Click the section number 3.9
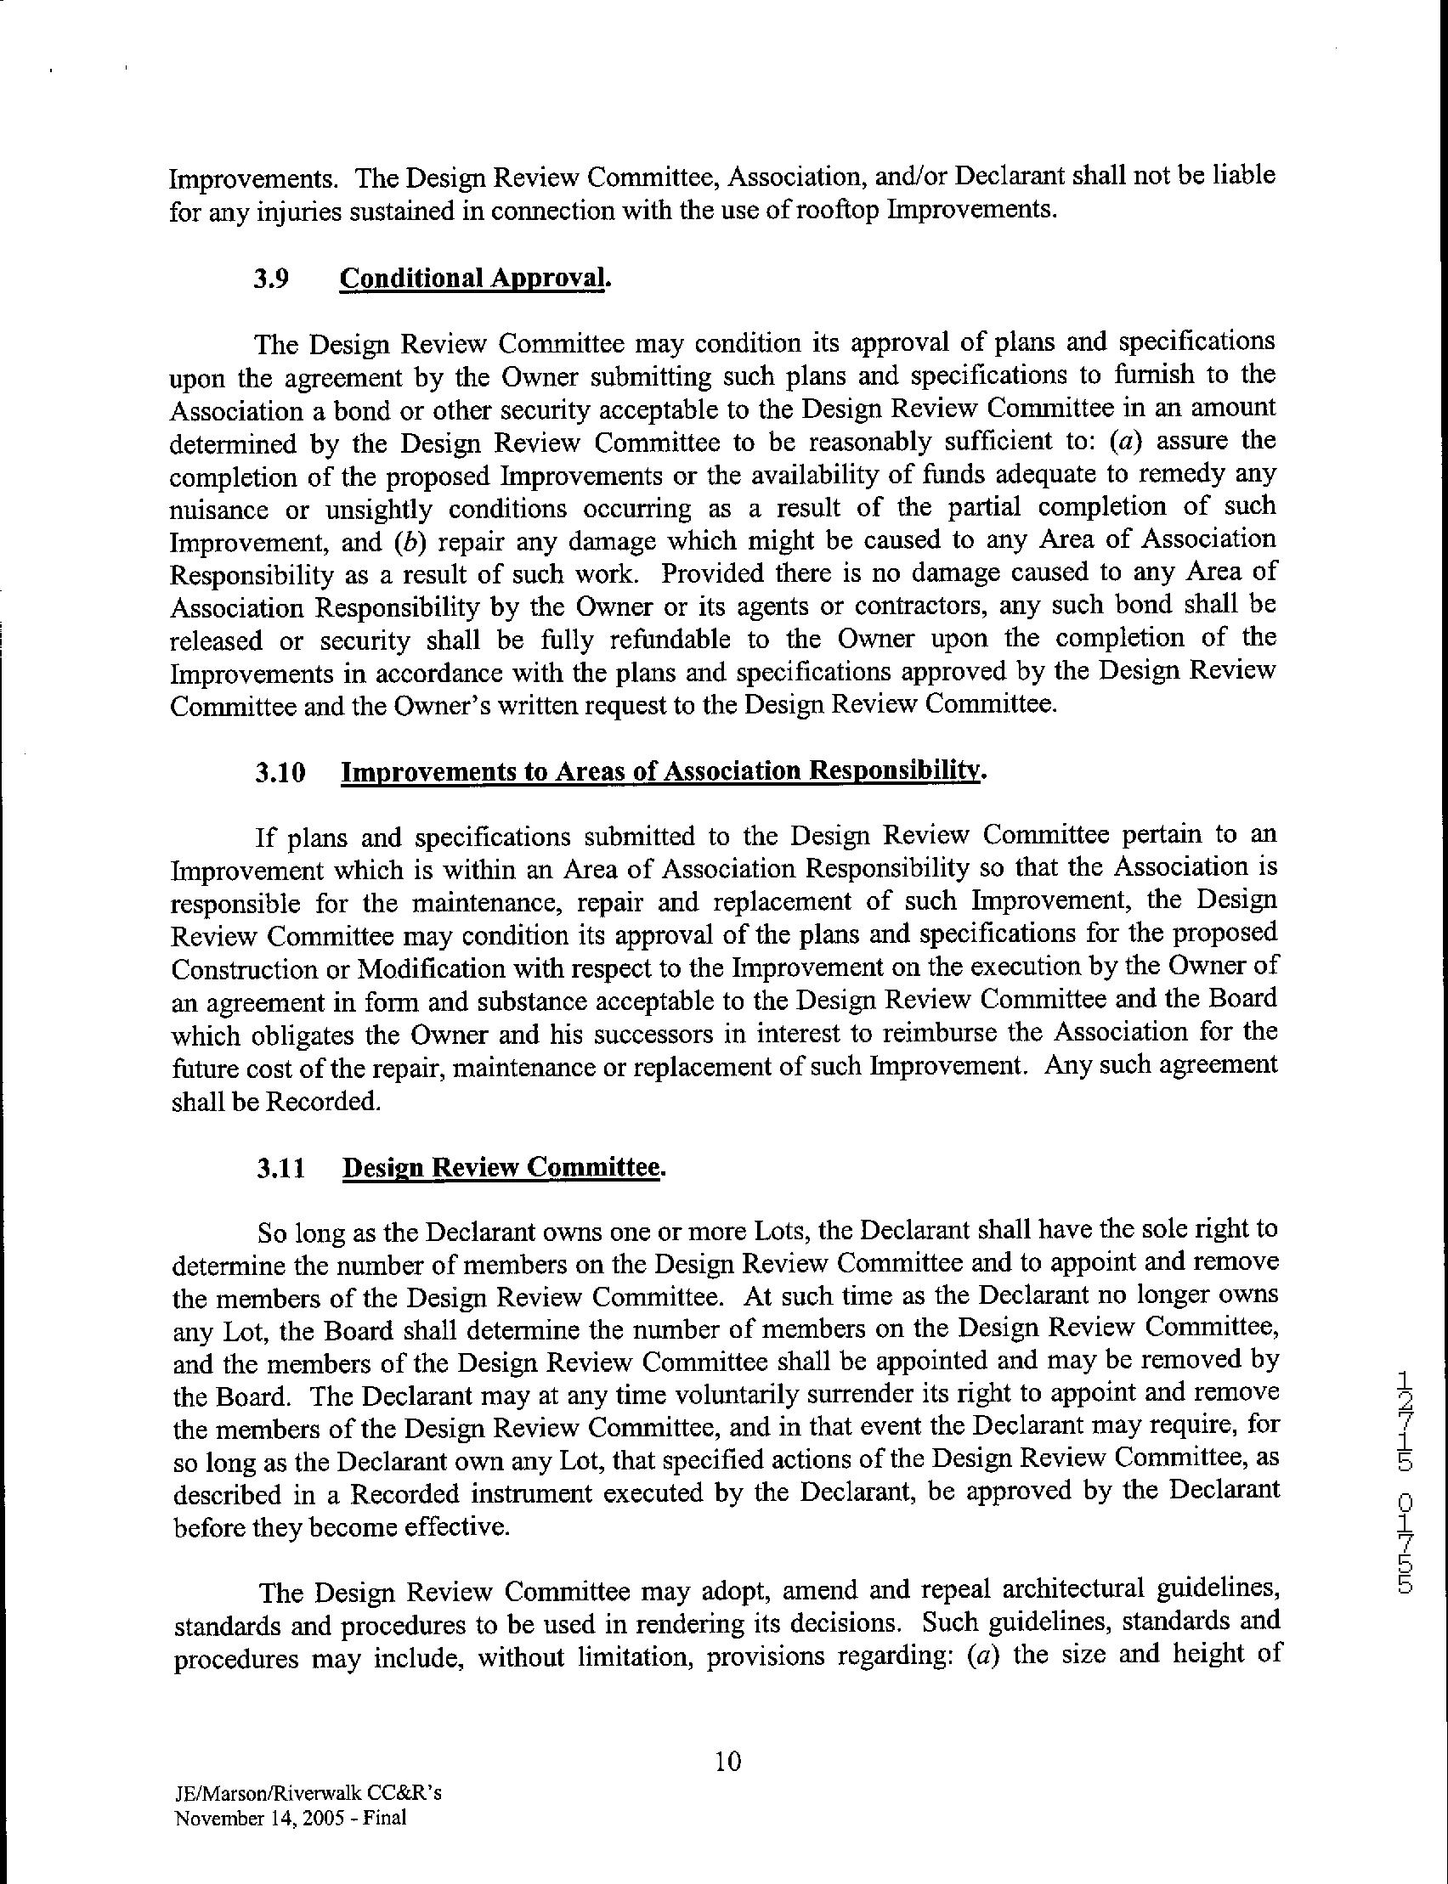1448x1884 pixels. click(x=273, y=279)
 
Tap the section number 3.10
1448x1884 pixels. click(x=280, y=772)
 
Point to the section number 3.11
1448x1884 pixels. click(x=280, y=1168)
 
